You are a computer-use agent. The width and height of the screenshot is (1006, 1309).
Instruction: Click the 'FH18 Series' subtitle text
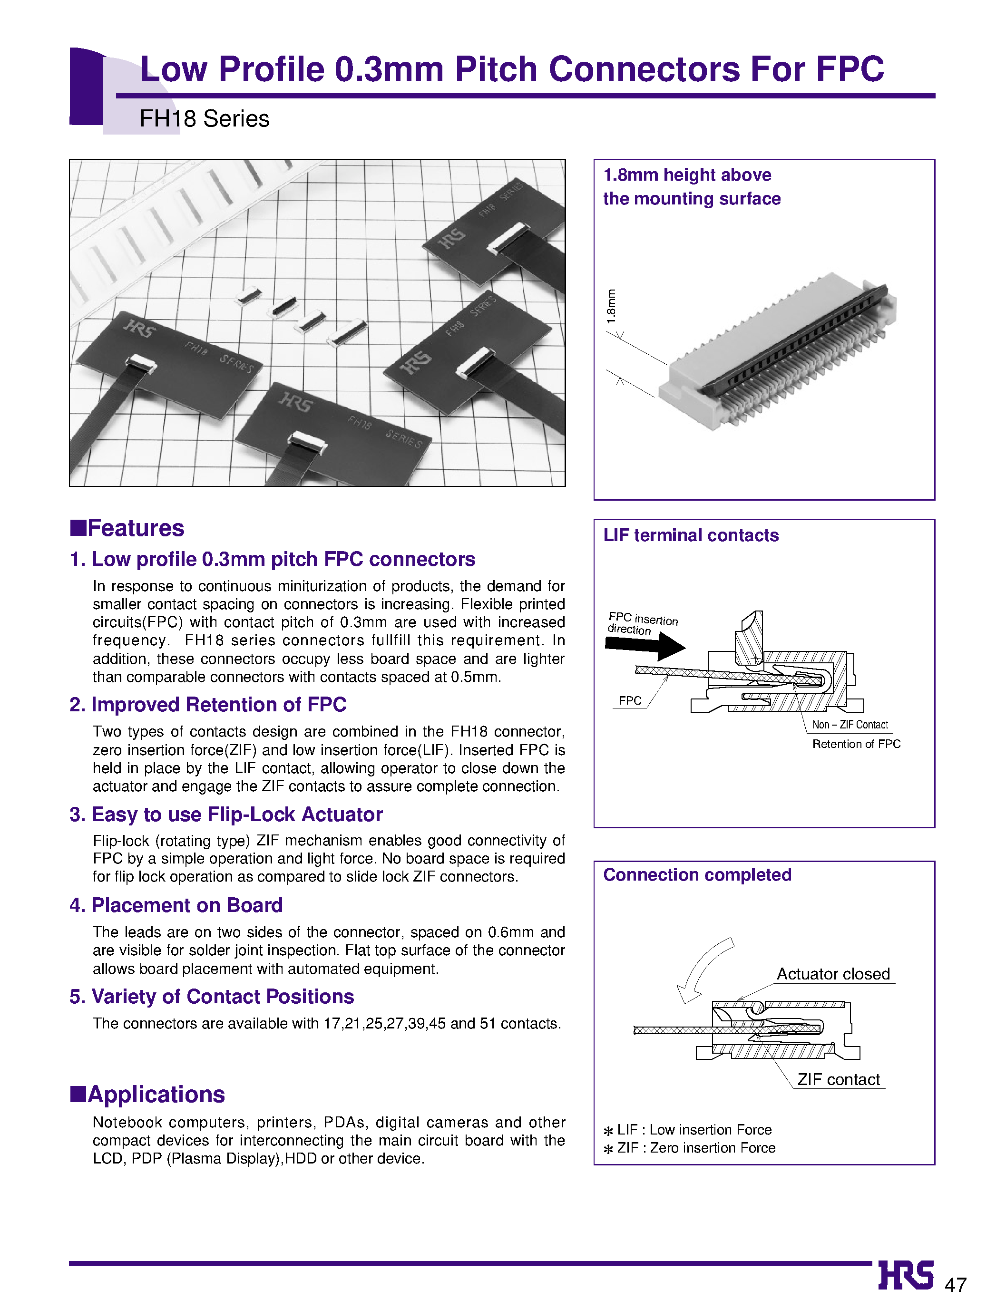click(204, 118)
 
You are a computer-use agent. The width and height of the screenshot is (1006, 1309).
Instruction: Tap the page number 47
click(955, 1284)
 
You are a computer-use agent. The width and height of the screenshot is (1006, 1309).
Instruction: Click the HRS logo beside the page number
click(906, 1275)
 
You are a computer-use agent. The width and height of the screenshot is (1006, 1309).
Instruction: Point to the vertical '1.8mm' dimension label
click(611, 307)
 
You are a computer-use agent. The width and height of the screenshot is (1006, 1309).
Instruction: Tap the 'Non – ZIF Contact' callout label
click(850, 724)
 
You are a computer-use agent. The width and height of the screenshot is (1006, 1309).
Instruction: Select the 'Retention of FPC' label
click(856, 744)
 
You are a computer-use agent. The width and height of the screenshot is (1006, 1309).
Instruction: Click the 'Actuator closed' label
click(833, 974)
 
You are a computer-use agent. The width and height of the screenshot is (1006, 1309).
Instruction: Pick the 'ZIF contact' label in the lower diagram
click(838, 1079)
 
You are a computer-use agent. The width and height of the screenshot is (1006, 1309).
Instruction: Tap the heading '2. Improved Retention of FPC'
click(208, 705)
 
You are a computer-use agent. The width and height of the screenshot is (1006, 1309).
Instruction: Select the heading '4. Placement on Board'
click(176, 905)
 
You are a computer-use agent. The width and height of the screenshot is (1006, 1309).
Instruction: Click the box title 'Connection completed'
click(697, 874)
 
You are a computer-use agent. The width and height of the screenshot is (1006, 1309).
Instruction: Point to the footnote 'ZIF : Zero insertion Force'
click(696, 1147)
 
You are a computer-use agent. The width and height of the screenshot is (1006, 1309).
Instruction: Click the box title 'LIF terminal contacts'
click(691, 535)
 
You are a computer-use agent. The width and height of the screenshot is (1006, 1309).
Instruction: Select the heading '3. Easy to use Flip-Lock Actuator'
click(226, 814)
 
